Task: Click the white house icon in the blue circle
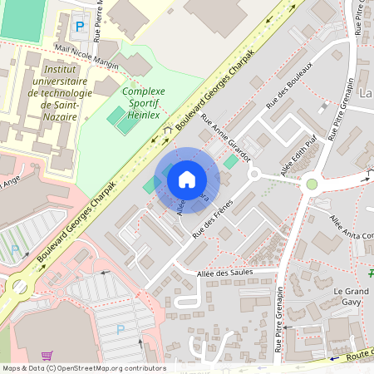187,180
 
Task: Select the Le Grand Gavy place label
350,298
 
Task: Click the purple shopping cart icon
47,356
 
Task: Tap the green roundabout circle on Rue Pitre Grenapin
312,184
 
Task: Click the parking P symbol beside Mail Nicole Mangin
80,26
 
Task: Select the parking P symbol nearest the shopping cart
121,330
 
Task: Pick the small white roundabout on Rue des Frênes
253,174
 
